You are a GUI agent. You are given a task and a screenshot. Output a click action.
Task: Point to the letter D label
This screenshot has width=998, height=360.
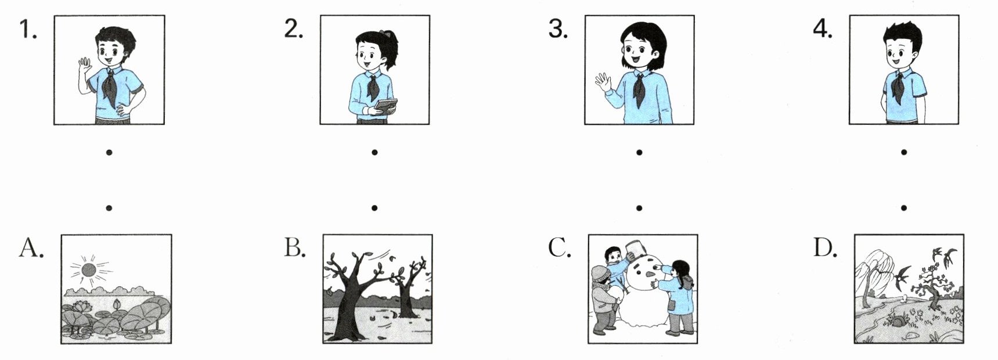tap(825, 248)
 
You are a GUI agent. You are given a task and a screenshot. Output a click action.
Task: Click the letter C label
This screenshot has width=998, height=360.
tap(560, 248)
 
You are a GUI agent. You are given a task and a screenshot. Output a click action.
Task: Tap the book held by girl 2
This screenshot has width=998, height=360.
tap(385, 105)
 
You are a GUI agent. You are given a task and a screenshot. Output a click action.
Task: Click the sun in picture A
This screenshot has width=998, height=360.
tap(88, 269)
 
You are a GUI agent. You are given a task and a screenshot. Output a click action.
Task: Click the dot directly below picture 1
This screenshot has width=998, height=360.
tap(109, 153)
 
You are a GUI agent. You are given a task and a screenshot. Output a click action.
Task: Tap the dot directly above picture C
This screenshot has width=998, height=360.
tap(639, 207)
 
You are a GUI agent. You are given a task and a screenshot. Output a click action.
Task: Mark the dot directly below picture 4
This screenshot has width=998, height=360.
tap(904, 153)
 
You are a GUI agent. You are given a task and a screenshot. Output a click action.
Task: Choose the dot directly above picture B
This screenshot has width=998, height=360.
tap(374, 207)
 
